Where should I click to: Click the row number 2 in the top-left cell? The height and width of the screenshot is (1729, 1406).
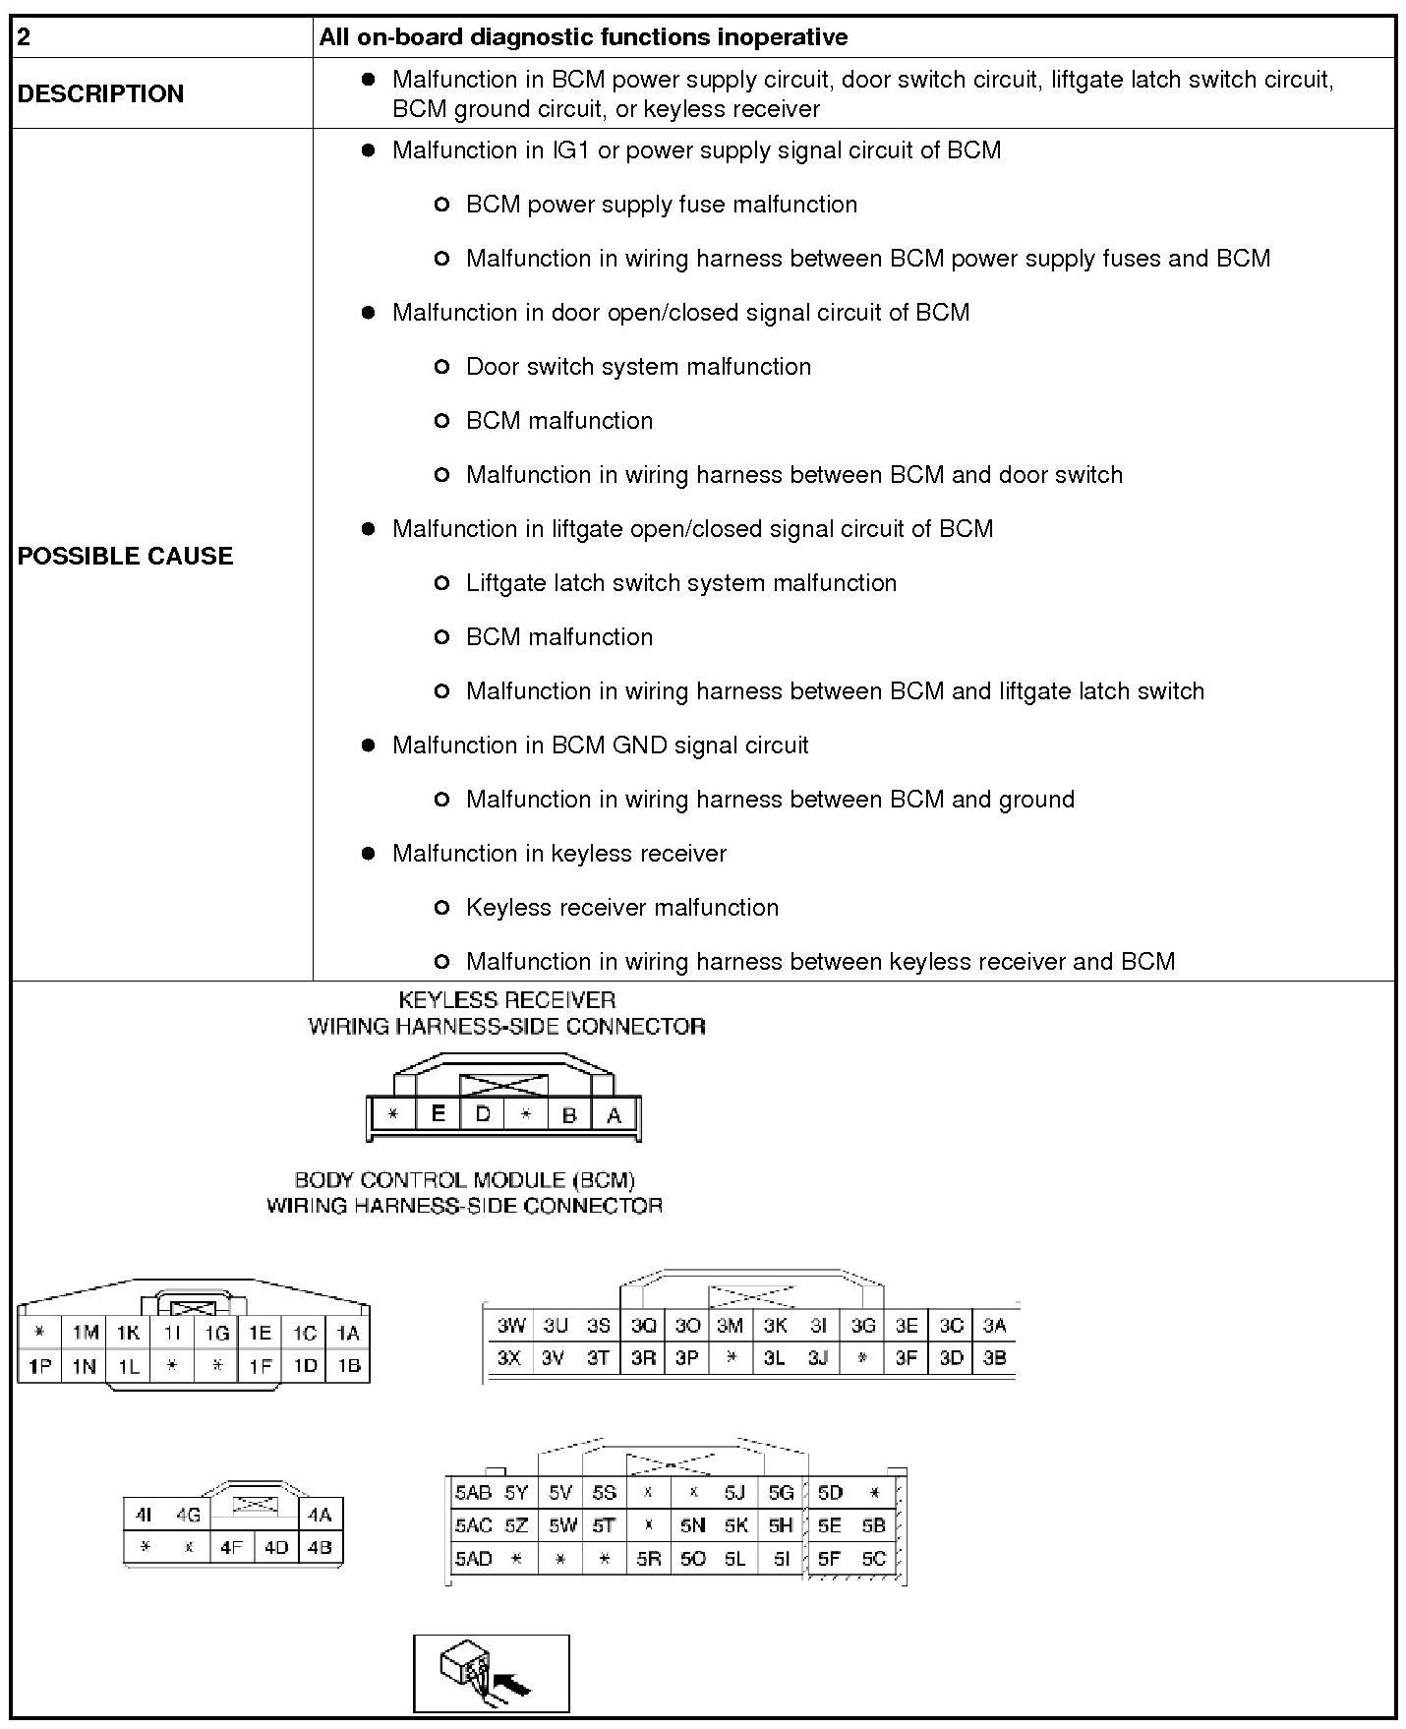[25, 37]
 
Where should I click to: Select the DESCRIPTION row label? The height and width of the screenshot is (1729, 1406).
[100, 93]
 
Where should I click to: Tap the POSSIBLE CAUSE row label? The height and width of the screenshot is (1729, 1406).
[125, 556]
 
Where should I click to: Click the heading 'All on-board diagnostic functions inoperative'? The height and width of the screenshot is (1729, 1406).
[583, 37]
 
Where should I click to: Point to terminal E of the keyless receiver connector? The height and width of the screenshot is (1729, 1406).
[439, 1113]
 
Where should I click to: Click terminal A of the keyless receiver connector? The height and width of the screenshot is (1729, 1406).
[615, 1115]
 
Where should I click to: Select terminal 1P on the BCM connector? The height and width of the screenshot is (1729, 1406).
[40, 1366]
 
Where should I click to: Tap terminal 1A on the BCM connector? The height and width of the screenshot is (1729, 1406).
[348, 1333]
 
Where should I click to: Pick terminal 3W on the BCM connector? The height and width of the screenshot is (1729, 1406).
[510, 1325]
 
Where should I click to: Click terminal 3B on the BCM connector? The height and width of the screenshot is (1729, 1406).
[994, 1358]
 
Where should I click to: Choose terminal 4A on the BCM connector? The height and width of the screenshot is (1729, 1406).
[320, 1515]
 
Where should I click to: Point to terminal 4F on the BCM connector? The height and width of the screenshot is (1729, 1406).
[231, 1547]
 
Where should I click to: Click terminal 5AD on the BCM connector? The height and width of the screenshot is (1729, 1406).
[473, 1559]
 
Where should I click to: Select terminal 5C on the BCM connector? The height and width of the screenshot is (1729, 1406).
[873, 1559]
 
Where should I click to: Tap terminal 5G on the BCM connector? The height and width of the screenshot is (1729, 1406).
[781, 1493]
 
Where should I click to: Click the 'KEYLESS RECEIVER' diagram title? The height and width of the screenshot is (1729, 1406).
[506, 1000]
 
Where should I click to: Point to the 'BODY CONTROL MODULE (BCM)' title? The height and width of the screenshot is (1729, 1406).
[464, 1179]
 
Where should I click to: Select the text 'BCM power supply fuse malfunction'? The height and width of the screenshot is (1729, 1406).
[661, 205]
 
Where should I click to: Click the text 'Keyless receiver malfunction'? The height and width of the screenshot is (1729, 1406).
[621, 908]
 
